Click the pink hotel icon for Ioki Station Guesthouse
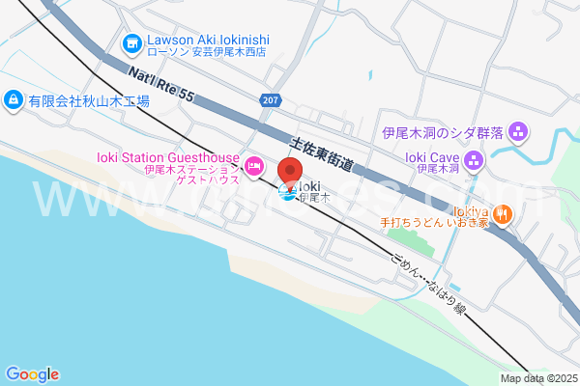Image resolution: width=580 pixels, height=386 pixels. click(x=254, y=167)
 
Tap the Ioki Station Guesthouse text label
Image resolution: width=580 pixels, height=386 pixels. click(x=167, y=157)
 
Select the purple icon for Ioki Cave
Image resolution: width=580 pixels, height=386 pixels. click(x=474, y=160)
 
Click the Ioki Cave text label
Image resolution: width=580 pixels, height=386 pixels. click(x=431, y=155)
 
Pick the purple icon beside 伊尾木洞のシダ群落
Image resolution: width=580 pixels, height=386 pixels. click(x=518, y=130)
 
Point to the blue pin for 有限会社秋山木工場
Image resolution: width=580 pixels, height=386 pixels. click(x=13, y=98)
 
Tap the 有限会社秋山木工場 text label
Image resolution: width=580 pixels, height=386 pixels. click(x=88, y=99)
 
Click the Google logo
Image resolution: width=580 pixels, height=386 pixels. click(x=32, y=374)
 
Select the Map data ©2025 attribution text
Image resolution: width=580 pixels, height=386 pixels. click(x=537, y=378)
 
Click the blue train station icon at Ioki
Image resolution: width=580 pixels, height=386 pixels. click(x=287, y=193)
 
